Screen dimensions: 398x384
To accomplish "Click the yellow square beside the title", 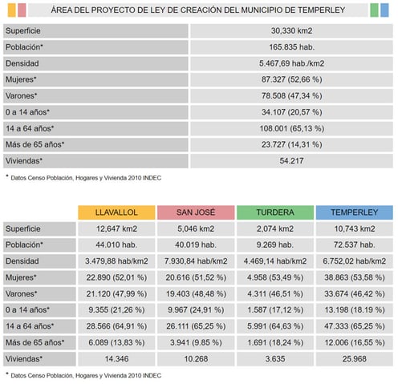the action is tap(12, 10).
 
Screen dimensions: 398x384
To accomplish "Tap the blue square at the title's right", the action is tap(384, 10).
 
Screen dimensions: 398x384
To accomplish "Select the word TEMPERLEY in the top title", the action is tap(321, 10).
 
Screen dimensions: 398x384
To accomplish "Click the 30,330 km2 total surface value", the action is tap(291, 30).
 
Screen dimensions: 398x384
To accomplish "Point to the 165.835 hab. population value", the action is tap(291, 47).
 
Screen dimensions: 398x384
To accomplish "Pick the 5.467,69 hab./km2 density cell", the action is tap(291, 63).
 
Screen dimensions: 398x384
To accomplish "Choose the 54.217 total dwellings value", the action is tap(291, 161).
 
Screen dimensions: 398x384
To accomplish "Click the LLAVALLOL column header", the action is tap(116, 212).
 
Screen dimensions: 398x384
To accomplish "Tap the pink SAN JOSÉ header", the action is tap(196, 212).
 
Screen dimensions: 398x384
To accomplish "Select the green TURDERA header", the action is tap(275, 212).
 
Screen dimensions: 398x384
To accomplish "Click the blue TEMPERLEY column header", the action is tap(355, 212).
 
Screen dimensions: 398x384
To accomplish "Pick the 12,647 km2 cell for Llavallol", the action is tap(116, 228).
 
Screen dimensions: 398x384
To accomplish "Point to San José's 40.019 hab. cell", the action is tap(196, 245).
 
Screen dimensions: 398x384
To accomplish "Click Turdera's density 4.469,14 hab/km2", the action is tap(275, 261).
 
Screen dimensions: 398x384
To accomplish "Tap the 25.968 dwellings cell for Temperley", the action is tap(355, 359).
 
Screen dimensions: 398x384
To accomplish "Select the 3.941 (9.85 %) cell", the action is tap(196, 342).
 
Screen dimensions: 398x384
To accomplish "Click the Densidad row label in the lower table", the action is tap(22, 261).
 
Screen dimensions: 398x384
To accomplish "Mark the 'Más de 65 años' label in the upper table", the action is tap(35, 144).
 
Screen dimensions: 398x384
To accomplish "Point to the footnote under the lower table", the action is tap(83, 375).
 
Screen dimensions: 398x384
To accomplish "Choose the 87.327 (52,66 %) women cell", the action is tap(291, 79).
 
